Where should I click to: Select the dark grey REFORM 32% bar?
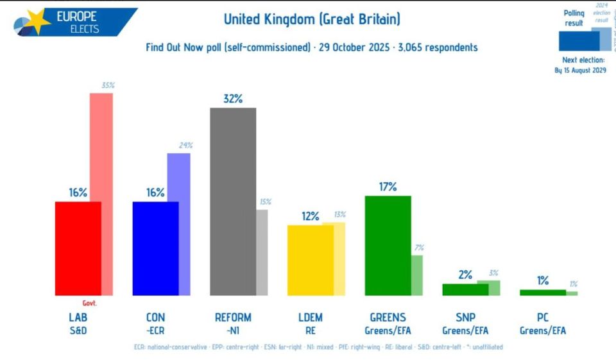coord(233,201)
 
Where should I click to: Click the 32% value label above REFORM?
coord(233,99)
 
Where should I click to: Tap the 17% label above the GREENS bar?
coord(388,187)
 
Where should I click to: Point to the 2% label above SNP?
coord(465,275)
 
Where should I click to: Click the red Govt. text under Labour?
coord(89,304)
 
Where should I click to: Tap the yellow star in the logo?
coord(37,21)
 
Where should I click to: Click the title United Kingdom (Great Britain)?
coord(312,19)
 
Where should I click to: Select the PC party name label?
coord(542,318)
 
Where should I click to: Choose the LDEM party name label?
coord(310,318)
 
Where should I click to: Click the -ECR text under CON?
coord(155,330)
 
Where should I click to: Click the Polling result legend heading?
coord(574,18)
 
